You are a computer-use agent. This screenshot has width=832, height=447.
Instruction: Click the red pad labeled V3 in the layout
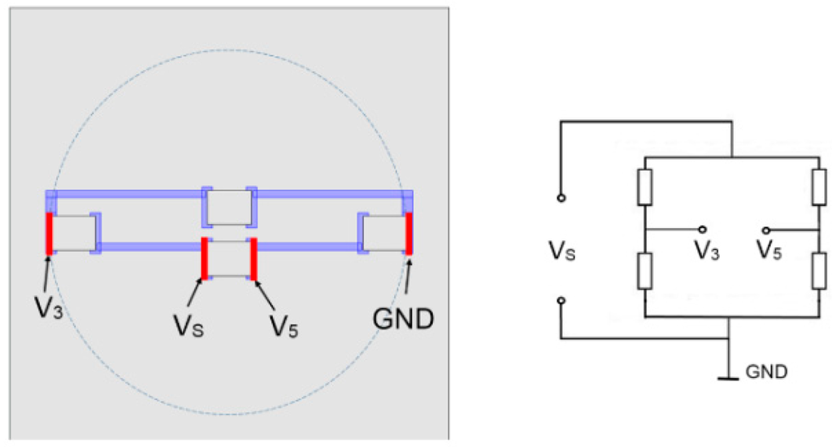click(x=49, y=234)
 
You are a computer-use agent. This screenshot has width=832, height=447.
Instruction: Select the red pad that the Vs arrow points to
click(x=205, y=258)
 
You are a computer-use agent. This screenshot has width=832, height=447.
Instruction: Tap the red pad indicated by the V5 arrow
click(x=254, y=258)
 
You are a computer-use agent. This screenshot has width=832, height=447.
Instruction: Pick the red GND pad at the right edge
click(x=409, y=234)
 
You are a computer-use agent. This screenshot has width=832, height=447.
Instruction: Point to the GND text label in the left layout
click(x=404, y=317)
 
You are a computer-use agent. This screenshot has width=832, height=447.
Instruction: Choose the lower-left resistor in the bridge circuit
click(x=643, y=271)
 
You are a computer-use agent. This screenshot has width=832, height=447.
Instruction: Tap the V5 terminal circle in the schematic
click(x=765, y=230)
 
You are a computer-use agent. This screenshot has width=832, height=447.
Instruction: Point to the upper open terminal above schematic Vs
click(x=560, y=197)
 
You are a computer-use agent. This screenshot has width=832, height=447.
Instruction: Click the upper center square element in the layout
click(x=229, y=208)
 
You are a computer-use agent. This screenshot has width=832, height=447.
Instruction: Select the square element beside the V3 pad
click(x=74, y=234)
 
